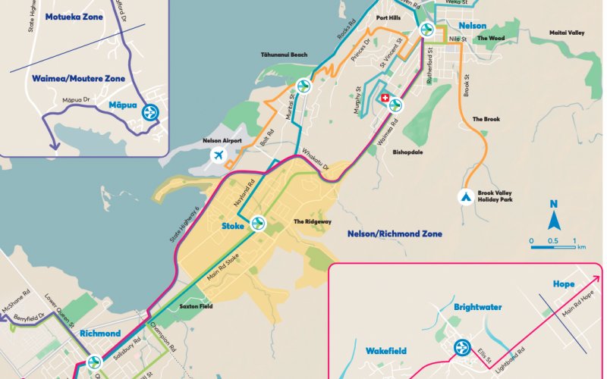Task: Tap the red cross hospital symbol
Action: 383,99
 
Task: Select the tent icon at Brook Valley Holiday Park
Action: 464,197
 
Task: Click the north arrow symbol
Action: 554,218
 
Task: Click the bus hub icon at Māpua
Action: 153,112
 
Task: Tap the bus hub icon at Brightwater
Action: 461,348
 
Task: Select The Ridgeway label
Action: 313,221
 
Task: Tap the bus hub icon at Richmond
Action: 94,362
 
